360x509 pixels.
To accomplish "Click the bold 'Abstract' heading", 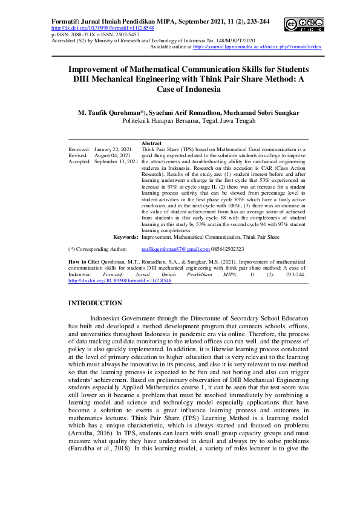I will tap(151, 142).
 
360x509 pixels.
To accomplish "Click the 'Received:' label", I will tap(79, 148).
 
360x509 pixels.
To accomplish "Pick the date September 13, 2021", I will tap(116, 162).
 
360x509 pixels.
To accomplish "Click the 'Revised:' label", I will tap(77, 155).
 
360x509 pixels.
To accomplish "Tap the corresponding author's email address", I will tap(175, 249).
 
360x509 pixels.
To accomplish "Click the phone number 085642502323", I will tap(227, 249).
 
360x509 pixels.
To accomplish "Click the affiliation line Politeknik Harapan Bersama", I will tap(180, 120).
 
